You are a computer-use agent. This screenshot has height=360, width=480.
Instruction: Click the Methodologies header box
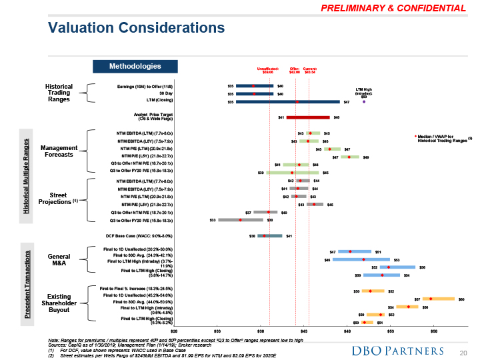(135, 66)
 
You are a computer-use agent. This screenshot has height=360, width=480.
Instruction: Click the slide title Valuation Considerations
(136, 27)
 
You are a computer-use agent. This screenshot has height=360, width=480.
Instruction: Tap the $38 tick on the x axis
(261, 331)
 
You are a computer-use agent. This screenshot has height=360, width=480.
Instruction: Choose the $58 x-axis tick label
(433, 331)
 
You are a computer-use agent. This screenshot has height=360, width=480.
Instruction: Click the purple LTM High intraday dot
(364, 102)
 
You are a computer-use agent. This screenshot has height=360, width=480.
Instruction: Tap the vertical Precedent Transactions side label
(27, 288)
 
